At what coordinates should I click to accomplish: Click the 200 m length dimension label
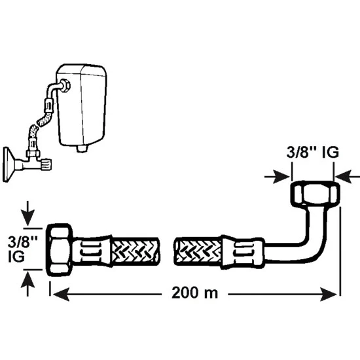pyautogui.click(x=194, y=293)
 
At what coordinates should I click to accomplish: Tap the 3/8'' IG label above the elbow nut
pyautogui.click(x=312, y=152)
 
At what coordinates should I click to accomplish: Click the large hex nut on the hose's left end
pyautogui.click(x=60, y=249)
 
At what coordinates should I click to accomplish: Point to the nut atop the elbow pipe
pyautogui.click(x=315, y=193)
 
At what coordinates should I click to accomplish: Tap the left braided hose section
pyautogui.click(x=135, y=251)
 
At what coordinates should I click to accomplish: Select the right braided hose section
pyautogui.click(x=198, y=251)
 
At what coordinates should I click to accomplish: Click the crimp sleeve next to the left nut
pyautogui.click(x=92, y=251)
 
